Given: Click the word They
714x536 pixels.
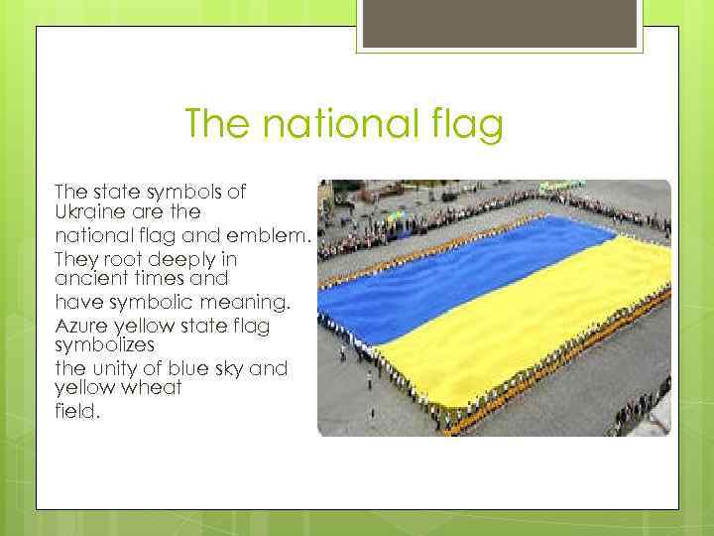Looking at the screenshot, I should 75,258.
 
